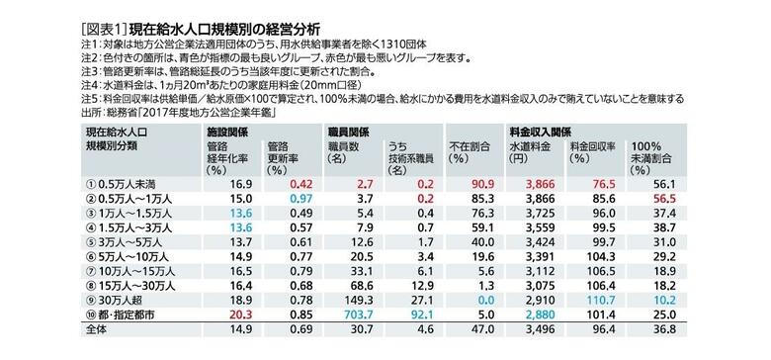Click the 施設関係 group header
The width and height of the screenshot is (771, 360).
pos(226,130)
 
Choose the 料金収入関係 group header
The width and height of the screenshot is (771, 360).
pos(545,130)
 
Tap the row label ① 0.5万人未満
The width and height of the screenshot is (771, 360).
pos(124,183)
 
